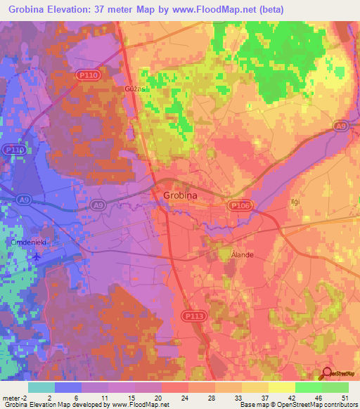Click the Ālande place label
tap(242, 255)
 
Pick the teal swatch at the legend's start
tap(41, 387)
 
